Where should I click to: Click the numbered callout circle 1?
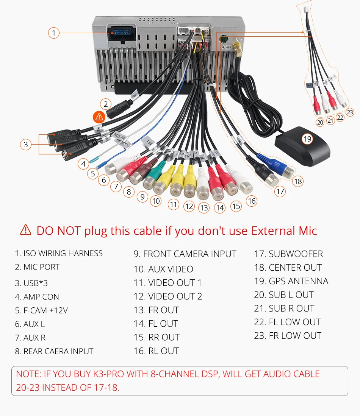tap(54, 33)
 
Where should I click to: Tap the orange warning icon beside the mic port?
tap(99, 116)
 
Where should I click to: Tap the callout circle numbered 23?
tap(350, 112)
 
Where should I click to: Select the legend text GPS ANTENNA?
tap(291, 281)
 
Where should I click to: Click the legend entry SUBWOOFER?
tap(288, 254)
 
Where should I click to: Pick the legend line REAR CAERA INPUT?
tap(54, 351)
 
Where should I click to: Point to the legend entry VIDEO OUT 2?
tap(168, 296)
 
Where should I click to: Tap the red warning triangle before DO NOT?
tap(25, 230)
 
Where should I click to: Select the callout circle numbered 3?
tap(26, 144)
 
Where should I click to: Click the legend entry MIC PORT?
tap(38, 267)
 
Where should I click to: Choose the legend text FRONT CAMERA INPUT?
tap(185, 254)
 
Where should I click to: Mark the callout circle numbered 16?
tap(252, 201)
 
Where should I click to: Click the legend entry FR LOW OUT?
tap(288, 336)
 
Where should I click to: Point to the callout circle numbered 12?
tap(189, 206)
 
